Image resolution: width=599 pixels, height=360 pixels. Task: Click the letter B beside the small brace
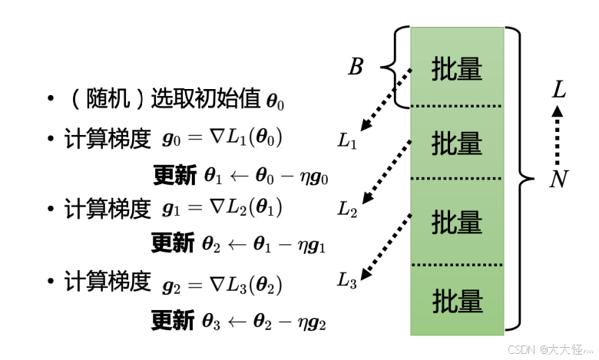click(x=356, y=68)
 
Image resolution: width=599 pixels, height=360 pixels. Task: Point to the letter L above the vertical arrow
click(x=559, y=91)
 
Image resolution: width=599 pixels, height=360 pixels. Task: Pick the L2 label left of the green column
click(x=347, y=210)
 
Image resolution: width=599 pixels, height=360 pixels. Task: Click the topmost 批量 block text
click(x=457, y=69)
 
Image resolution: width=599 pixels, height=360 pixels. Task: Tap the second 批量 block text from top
click(x=457, y=143)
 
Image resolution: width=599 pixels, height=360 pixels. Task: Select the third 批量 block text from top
click(x=457, y=223)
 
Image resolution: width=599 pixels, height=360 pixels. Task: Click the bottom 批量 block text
click(x=457, y=299)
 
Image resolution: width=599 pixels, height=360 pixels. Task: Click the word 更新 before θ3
click(x=173, y=319)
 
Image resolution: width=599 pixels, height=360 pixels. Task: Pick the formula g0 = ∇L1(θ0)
click(x=223, y=139)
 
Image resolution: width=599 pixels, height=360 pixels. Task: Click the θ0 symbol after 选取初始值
click(x=274, y=101)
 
